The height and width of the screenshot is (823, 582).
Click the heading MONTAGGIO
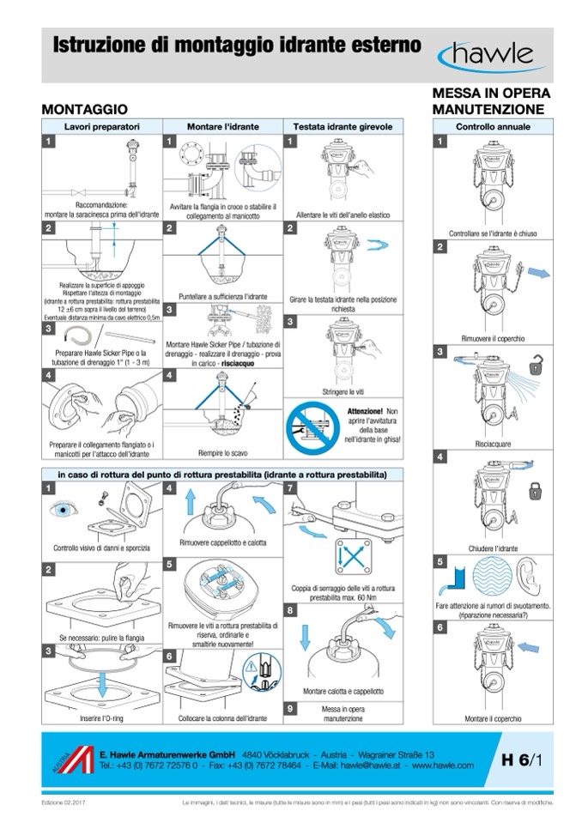85,110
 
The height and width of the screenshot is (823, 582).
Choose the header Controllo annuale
492,126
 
